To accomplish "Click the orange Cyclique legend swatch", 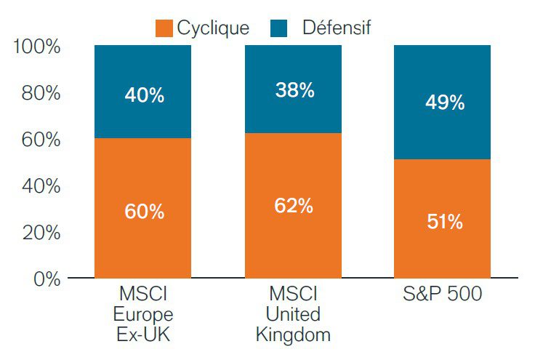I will pos(164,28).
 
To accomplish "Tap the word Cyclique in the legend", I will pos(213,28).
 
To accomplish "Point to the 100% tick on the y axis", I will pos(36,47).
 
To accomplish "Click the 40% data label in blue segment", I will pos(144,95).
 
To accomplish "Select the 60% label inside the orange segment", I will pos(144,212).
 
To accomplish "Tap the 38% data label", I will pos(294,90).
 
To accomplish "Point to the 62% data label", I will pos(294,206).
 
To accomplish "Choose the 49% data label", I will pos(445,103).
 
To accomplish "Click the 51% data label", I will pos(445,222).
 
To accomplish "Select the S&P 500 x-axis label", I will pos(444,296).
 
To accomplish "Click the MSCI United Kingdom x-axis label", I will pos(294,315).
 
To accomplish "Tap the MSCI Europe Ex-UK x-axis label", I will pos(145,315).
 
